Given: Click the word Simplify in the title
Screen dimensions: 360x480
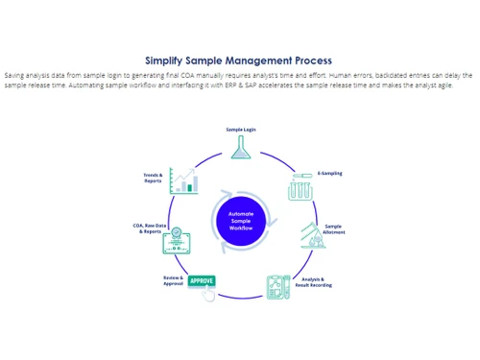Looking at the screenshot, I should [167, 60].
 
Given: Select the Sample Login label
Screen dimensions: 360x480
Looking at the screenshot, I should [241, 129].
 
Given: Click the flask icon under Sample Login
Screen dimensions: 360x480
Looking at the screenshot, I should [240, 147].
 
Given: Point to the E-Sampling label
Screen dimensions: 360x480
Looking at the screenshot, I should [329, 174].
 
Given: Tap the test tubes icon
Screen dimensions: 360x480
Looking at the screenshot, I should [300, 188].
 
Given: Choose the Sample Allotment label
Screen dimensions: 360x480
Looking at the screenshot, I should [333, 229].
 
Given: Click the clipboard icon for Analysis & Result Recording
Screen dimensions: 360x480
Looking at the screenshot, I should [278, 286].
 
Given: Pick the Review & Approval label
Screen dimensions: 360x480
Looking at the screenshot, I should [173, 280].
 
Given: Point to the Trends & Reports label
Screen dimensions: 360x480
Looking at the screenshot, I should [153, 178].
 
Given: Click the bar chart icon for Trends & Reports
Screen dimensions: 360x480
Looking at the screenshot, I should [183, 180].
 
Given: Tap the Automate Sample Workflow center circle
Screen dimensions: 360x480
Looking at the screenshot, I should [240, 220].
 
